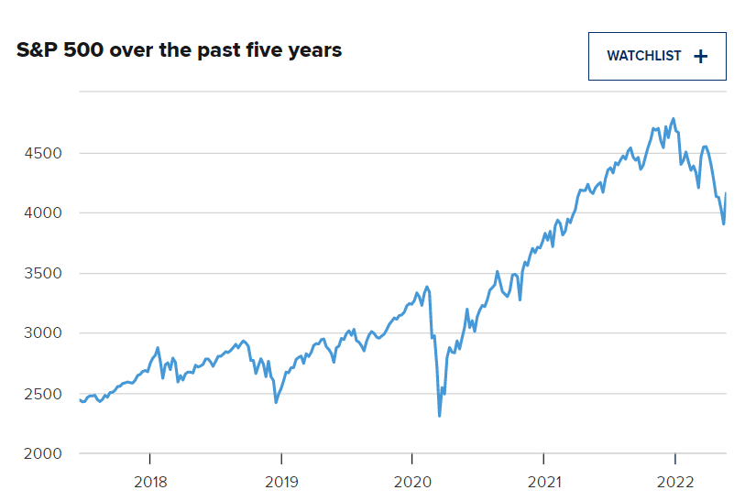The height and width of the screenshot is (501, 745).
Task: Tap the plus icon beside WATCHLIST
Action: [x=701, y=56]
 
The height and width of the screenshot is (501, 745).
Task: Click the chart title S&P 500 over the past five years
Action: [x=180, y=50]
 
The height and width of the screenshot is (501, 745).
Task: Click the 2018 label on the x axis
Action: [x=149, y=482]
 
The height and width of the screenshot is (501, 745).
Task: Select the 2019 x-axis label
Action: [x=281, y=482]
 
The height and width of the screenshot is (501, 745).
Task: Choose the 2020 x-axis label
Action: [x=412, y=482]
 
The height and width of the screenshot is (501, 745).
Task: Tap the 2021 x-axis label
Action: [x=543, y=482]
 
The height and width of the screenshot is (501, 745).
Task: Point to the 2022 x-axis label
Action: [x=675, y=482]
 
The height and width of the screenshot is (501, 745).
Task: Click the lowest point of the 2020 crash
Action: [x=440, y=416]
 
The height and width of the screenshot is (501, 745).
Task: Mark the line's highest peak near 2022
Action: [x=674, y=118]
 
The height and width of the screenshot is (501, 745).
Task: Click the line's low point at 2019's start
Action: [x=276, y=402]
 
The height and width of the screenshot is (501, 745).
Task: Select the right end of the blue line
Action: [x=727, y=193]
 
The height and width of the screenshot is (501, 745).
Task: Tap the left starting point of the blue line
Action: [x=81, y=399]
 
